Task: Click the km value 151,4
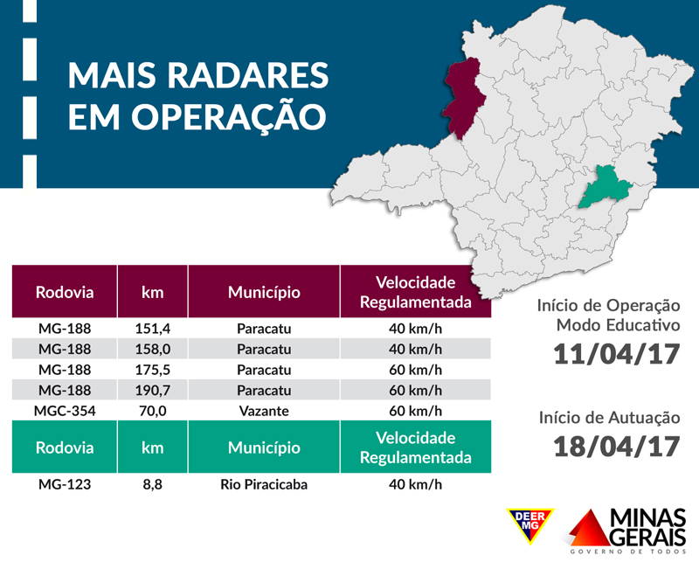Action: [153, 330]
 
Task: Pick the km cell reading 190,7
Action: [153, 390]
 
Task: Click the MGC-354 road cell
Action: [65, 410]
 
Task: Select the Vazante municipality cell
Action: [264, 410]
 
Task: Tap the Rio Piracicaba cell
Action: [264, 483]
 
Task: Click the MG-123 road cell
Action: [65, 483]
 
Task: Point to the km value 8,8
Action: [153, 483]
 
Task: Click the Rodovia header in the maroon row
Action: [65, 292]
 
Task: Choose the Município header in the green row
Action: [264, 448]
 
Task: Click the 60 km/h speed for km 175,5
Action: [415, 370]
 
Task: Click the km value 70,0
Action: [153, 410]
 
